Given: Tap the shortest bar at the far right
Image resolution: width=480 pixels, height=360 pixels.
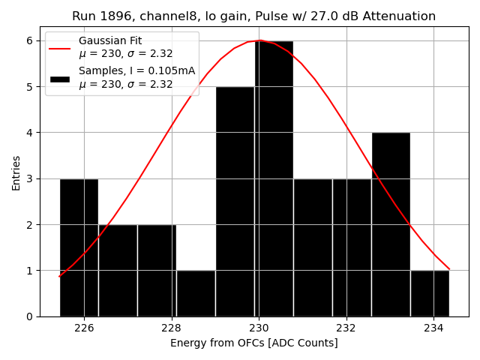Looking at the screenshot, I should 430,293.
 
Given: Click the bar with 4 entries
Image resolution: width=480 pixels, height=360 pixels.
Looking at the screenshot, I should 391,224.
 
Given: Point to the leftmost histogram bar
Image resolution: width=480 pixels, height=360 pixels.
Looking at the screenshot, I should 79,247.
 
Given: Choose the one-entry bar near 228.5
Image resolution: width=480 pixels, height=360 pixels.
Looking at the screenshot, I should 196,293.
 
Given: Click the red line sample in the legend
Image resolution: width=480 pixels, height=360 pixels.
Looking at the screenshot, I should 59,48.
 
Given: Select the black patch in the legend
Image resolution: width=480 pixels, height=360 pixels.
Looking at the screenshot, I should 59,78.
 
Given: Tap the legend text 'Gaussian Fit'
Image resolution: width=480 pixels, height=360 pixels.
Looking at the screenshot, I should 110,41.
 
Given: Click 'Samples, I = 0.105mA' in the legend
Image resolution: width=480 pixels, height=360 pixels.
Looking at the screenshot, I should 136,71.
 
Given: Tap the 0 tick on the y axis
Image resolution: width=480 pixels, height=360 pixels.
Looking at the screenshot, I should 30,316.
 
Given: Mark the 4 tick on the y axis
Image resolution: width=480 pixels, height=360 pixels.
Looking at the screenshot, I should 30,133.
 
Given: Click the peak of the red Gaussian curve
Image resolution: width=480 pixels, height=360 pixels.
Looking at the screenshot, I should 259,40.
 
